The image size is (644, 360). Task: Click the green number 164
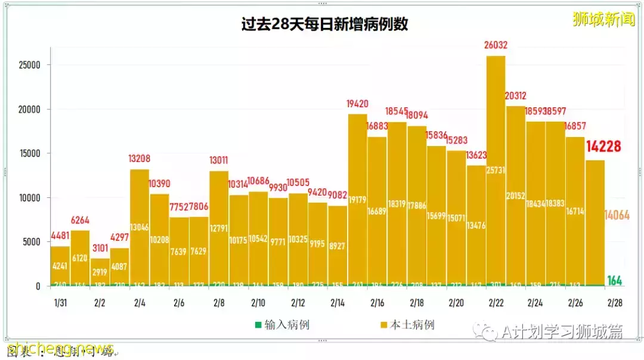pos(615,280)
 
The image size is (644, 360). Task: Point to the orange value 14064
pos(617,215)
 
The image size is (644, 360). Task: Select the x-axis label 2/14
pos(338,303)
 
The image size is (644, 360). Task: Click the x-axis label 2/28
pos(615,303)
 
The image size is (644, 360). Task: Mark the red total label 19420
pos(357,104)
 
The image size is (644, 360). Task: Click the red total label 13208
pos(140,159)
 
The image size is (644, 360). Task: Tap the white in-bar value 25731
pos(496,170)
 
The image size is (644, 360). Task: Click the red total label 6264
pos(80,220)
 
